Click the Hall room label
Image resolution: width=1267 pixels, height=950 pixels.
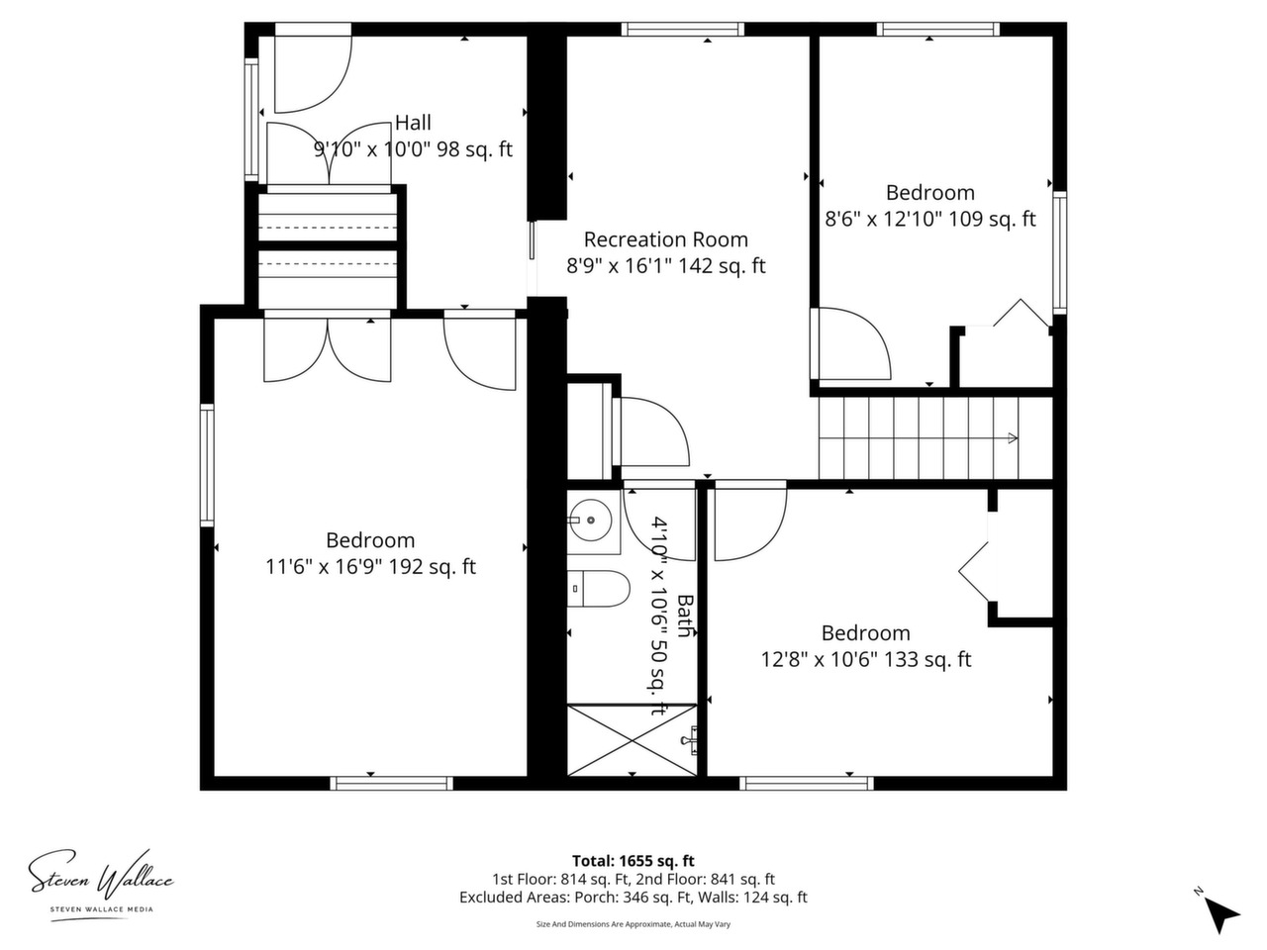(x=413, y=123)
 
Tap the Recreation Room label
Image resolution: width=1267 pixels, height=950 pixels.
(x=665, y=239)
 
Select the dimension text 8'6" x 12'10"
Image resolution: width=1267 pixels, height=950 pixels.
(x=883, y=219)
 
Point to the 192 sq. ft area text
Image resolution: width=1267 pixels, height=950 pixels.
(x=432, y=567)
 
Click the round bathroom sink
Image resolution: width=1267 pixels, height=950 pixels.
(x=591, y=521)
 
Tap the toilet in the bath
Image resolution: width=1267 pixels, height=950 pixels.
(x=598, y=589)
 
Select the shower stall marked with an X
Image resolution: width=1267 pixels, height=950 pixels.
(x=633, y=739)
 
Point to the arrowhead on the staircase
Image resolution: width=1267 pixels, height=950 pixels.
(x=1013, y=438)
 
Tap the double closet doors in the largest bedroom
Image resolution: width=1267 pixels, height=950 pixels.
(x=328, y=350)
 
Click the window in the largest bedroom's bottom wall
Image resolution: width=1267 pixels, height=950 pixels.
(x=391, y=784)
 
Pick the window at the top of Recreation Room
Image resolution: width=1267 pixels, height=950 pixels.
(x=682, y=29)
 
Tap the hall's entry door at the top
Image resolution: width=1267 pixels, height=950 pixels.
(x=312, y=74)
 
